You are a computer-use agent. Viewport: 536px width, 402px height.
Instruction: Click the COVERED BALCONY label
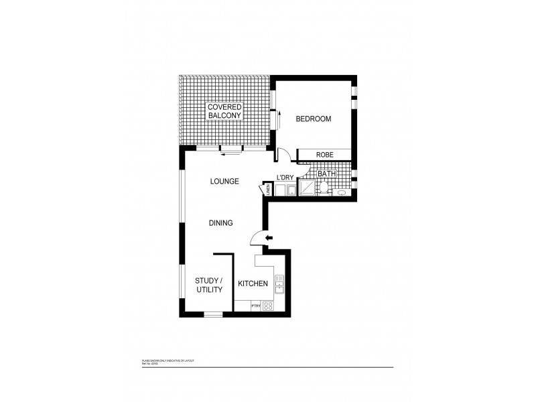[224, 111]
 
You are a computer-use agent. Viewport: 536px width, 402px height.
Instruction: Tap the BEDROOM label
[314, 119]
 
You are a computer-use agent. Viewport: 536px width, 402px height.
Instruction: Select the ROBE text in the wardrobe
[325, 155]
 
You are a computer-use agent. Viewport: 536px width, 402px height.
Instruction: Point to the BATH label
[326, 174]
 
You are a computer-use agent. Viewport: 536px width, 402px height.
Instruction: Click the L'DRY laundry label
[286, 178]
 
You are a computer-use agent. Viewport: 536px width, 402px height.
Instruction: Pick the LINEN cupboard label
[268, 191]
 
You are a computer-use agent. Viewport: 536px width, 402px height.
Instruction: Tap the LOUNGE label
[224, 181]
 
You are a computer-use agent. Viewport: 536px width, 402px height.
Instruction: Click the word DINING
[220, 223]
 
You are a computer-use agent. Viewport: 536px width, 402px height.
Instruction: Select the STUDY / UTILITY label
[209, 285]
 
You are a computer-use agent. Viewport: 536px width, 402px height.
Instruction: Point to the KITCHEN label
[253, 284]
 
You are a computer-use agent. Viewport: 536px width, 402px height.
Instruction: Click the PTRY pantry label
[255, 306]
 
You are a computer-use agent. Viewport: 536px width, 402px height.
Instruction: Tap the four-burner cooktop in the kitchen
[267, 306]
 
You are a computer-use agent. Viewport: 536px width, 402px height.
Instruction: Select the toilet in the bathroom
[324, 189]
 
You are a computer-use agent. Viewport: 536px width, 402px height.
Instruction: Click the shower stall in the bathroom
[306, 190]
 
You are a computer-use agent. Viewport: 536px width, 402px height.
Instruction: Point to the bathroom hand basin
[342, 192]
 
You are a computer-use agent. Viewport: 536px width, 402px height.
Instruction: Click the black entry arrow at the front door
[269, 238]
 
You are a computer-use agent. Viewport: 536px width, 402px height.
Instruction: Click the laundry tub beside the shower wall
[291, 191]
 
